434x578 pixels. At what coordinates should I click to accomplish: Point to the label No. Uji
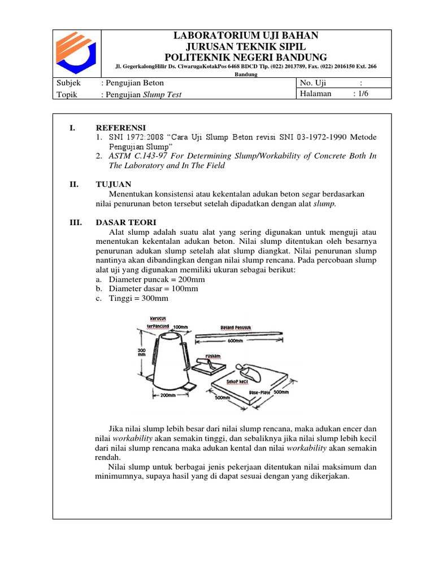pyautogui.click(x=313, y=83)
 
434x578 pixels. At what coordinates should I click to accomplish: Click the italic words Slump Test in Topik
pyautogui.click(x=162, y=95)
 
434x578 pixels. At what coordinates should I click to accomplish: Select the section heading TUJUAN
pyautogui.click(x=114, y=184)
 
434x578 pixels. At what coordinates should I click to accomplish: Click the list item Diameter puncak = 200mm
pyautogui.click(x=156, y=279)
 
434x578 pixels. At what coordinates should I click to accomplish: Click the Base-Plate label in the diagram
pyautogui.click(x=260, y=391)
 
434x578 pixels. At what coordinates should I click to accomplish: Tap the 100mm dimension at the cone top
pyautogui.click(x=180, y=327)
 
